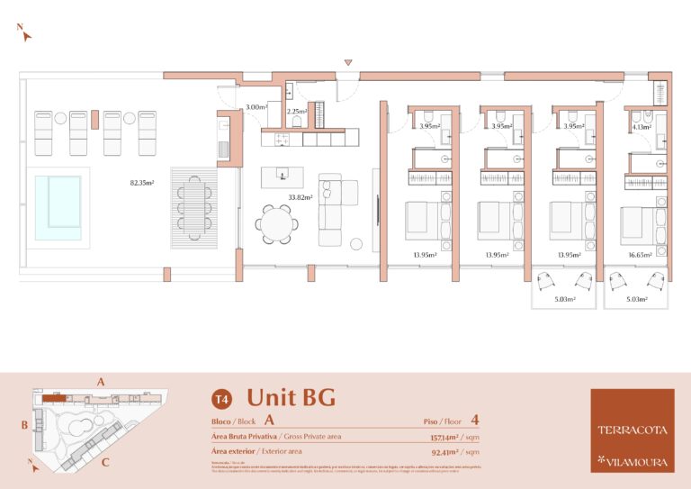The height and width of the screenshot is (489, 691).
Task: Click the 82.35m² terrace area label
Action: click(142, 183)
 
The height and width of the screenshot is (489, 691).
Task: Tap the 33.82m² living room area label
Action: click(300, 197)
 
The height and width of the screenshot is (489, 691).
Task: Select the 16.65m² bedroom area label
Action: click(640, 255)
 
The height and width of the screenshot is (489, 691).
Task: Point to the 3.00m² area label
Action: click(256, 107)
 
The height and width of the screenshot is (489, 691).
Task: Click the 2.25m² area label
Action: click(297, 112)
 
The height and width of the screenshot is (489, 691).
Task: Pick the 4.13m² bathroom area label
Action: click(641, 128)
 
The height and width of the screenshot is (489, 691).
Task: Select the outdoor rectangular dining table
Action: click(194, 207)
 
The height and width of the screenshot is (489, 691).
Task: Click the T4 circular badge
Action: click(220, 398)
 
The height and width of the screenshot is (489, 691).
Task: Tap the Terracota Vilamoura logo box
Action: click(632, 430)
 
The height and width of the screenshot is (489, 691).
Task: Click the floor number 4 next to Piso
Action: click(474, 420)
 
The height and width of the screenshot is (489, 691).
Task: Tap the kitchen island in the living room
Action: click(282, 177)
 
